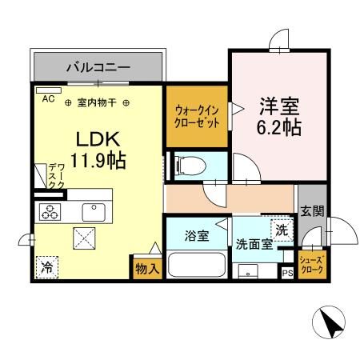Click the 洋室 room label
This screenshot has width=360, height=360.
click(x=280, y=106)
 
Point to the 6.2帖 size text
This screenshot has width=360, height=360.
click(x=280, y=127)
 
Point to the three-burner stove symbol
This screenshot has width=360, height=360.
click(x=50, y=212)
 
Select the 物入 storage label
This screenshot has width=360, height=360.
click(x=147, y=268)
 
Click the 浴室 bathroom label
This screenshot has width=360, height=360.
click(x=195, y=237)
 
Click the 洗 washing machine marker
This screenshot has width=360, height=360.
click(x=282, y=230)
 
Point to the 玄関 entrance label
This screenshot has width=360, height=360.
click(x=312, y=212)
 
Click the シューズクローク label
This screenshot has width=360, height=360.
click(x=312, y=265)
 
